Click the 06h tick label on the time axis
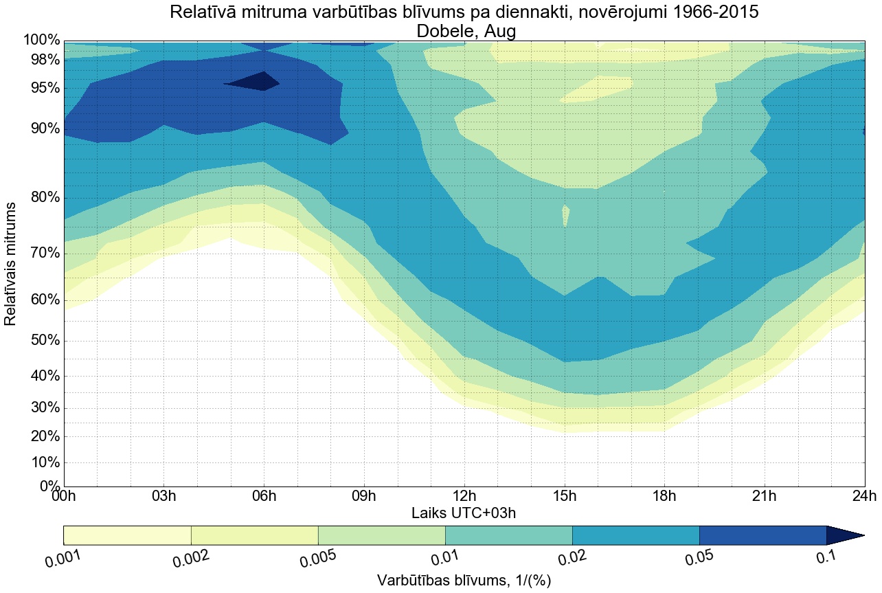(x=264, y=496)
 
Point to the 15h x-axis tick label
(x=565, y=496)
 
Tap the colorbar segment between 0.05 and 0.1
(x=762, y=535)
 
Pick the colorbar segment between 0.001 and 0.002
(x=127, y=535)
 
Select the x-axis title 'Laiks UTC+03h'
(x=464, y=513)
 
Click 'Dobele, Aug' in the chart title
(x=464, y=31)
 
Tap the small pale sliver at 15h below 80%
(x=565, y=214)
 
